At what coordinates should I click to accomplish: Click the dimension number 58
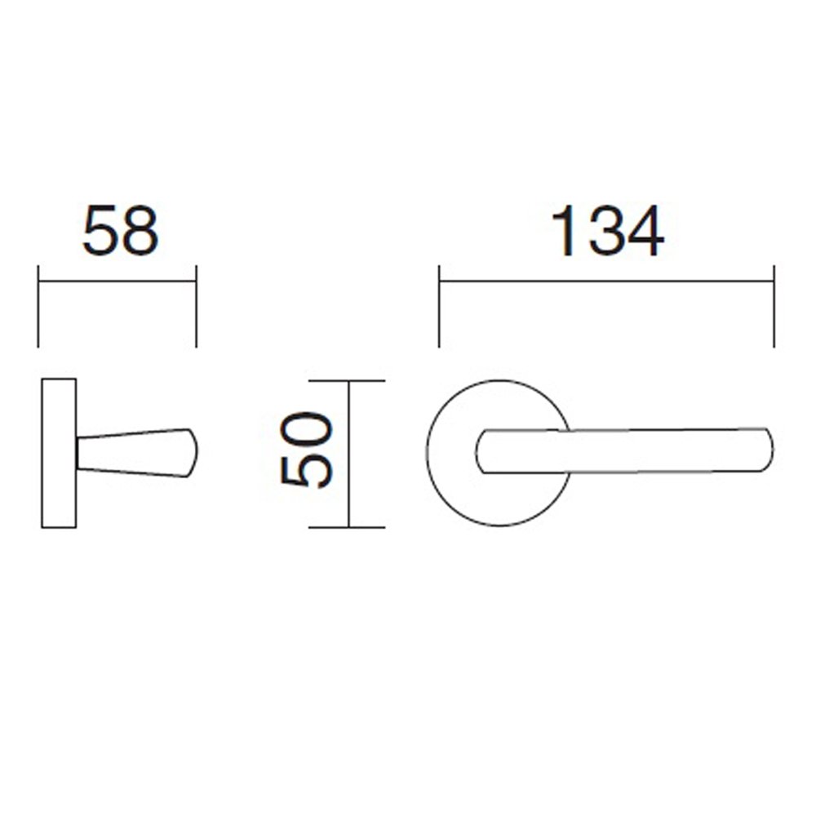[x=120, y=231]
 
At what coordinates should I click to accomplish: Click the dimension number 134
[x=607, y=231]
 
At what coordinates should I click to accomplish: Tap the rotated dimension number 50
[x=306, y=450]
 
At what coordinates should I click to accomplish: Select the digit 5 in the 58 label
[x=101, y=231]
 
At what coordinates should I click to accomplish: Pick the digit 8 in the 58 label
[x=140, y=231]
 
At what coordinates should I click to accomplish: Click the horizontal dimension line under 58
[x=117, y=282]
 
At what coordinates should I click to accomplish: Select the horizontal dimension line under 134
[x=607, y=282]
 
